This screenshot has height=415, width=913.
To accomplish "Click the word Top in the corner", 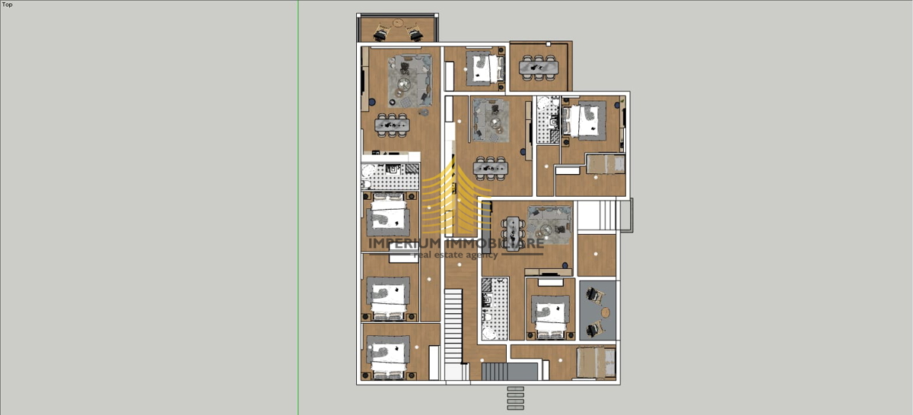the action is (x=8, y=5).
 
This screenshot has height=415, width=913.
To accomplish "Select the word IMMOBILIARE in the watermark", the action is (x=495, y=243).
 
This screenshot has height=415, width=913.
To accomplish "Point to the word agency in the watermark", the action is (x=482, y=255).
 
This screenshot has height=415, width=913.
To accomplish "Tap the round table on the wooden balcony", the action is (x=398, y=23).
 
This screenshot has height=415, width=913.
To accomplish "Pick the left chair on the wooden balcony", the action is (x=381, y=33).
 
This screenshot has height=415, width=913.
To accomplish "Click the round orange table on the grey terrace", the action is (x=606, y=312).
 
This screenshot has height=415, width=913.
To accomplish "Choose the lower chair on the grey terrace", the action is (x=595, y=329).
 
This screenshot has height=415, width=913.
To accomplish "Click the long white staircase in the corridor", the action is (x=453, y=326).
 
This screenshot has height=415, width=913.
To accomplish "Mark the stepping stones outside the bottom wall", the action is (x=516, y=398).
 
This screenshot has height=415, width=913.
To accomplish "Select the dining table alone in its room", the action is (x=539, y=68).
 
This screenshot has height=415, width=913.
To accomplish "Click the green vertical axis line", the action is (x=298, y=207).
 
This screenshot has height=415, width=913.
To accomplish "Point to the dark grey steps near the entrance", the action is (x=510, y=372).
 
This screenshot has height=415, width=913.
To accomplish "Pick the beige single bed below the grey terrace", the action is (x=596, y=362).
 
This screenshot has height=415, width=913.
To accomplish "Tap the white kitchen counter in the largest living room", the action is (x=391, y=157).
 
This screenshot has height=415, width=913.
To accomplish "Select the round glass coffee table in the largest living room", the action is (x=403, y=84).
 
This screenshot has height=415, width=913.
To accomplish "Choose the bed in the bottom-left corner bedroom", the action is (x=387, y=357).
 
